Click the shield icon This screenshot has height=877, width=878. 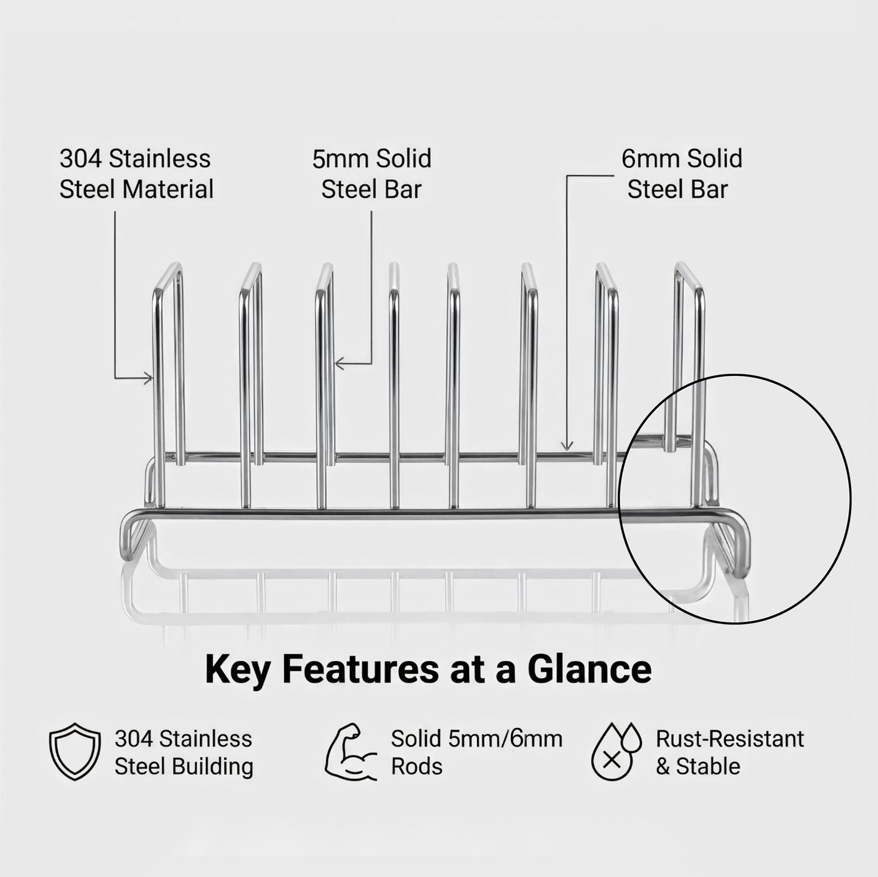click(x=74, y=751)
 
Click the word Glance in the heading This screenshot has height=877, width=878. click(x=589, y=669)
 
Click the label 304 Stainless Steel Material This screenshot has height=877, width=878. click(x=136, y=174)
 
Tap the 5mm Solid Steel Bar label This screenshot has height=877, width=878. click(x=371, y=174)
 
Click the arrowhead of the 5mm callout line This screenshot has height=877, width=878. click(x=338, y=364)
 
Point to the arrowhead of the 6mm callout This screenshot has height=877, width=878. click(x=567, y=448)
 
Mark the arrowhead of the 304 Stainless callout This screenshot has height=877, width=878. click(x=149, y=379)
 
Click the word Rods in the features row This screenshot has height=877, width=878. click(x=416, y=766)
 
